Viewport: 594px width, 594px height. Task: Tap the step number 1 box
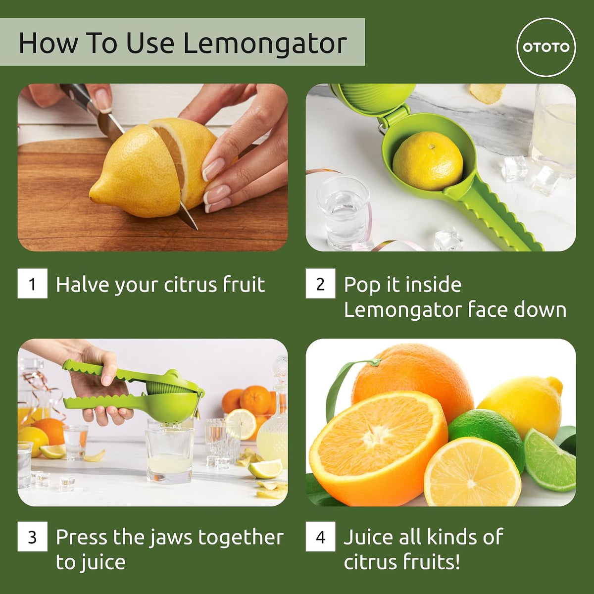coord(32,283)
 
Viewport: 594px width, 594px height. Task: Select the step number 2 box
coord(321,283)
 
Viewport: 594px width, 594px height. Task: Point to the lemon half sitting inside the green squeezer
coord(428,160)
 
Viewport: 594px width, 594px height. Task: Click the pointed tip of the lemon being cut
coord(91,195)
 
